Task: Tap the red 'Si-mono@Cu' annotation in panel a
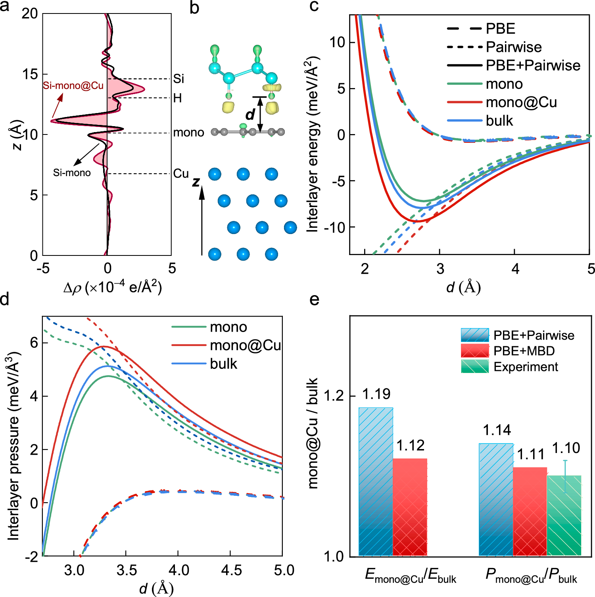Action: [73, 86]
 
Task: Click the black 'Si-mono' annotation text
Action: [72, 173]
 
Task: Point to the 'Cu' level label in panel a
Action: [180, 174]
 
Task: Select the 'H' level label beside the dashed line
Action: [177, 98]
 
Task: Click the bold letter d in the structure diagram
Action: [250, 115]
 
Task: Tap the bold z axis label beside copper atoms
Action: [196, 182]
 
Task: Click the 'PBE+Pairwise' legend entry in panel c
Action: [533, 65]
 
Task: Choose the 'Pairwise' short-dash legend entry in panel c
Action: [514, 47]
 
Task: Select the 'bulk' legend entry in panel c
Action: [499, 121]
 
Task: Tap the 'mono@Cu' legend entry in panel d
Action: [245, 346]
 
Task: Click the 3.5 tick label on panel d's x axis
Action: [127, 570]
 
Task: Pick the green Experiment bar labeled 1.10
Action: [564, 516]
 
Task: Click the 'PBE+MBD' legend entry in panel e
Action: [524, 351]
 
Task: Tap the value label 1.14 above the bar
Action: [497, 430]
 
